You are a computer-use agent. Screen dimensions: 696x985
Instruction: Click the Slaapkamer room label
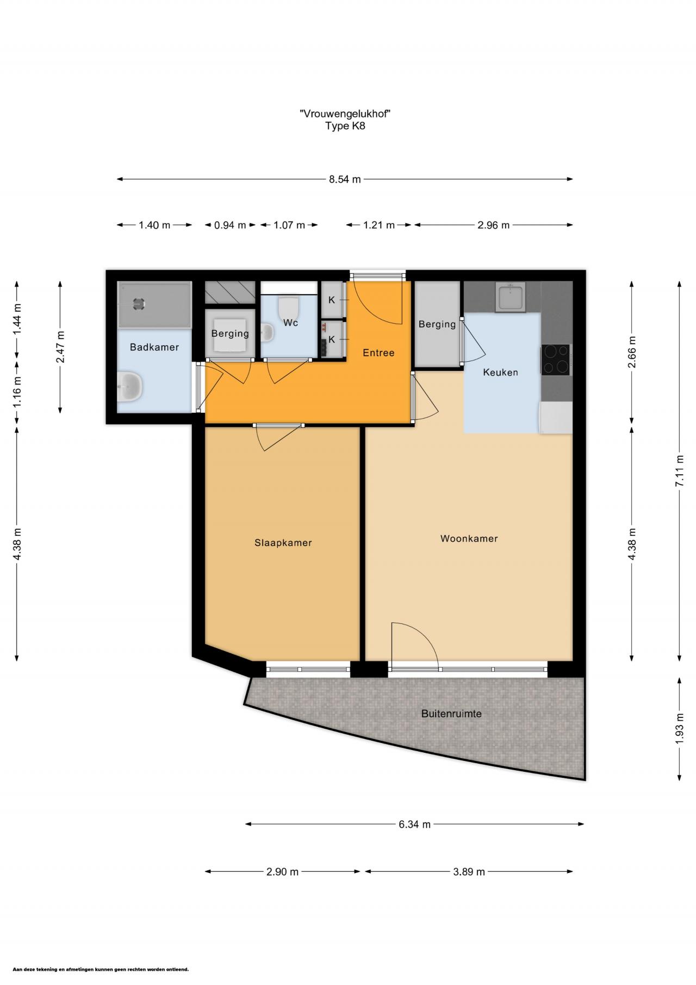pos(283,543)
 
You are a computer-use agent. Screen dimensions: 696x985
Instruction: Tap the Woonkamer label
pos(469,538)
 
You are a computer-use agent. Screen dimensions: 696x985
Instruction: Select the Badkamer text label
pos(154,347)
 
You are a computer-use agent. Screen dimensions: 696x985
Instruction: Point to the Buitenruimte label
pos(451,714)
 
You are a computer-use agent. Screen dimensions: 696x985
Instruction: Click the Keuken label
pos(500,373)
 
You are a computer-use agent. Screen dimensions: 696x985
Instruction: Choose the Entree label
pos(378,353)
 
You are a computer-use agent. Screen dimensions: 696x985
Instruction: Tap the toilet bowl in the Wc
pos(288,307)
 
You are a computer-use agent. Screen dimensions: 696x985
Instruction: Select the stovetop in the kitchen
pos(555,360)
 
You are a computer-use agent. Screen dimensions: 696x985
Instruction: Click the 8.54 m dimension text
pos(345,179)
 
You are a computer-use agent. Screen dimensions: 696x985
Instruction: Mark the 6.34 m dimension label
pos(414,825)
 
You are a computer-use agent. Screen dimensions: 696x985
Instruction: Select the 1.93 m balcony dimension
pos(679,729)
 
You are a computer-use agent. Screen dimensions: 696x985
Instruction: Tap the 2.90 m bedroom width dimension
pos(282,872)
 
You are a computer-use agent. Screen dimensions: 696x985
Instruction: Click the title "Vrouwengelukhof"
pos(345,114)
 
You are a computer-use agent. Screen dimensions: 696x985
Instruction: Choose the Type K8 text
pos(345,126)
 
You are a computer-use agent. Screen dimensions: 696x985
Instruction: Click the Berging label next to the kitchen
pos(437,324)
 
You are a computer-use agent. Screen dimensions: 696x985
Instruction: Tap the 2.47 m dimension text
pos(60,347)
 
